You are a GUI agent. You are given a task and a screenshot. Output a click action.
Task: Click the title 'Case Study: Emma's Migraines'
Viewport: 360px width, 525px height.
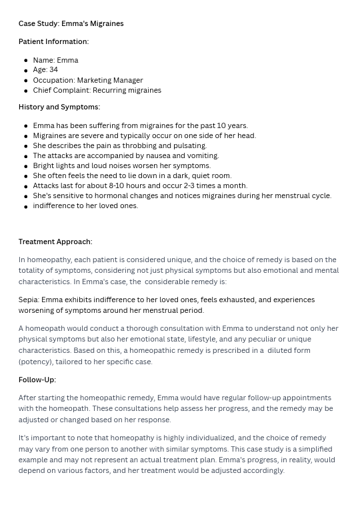71,23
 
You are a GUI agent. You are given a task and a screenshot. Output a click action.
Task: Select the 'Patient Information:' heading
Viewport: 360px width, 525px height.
53,41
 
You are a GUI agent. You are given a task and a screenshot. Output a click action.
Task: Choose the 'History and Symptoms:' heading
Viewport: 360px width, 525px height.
59,107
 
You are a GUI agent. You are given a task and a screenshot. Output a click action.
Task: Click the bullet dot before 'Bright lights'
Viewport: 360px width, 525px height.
26,166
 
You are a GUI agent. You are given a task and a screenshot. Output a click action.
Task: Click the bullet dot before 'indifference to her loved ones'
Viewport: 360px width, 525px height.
26,207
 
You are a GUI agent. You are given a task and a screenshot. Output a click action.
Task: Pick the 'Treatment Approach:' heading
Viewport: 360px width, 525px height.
55,241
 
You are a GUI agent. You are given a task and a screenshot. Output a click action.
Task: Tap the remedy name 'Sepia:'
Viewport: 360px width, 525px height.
29,300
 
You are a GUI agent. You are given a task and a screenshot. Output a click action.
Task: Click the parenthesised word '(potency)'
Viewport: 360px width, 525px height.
36,362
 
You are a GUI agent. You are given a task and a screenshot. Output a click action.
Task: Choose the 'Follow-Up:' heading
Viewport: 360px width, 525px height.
37,380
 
